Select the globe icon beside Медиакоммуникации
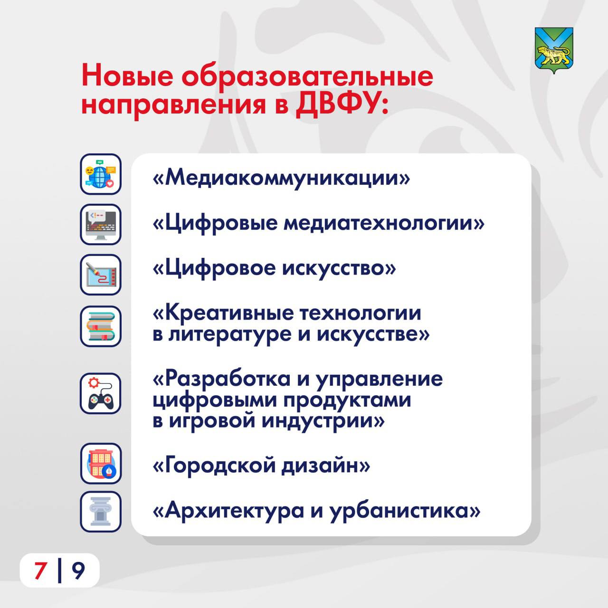(101, 174)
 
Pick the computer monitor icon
(101, 224)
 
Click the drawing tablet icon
(101, 275)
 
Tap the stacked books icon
(101, 326)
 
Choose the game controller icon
(101, 393)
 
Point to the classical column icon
(101, 512)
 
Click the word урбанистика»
(405, 511)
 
